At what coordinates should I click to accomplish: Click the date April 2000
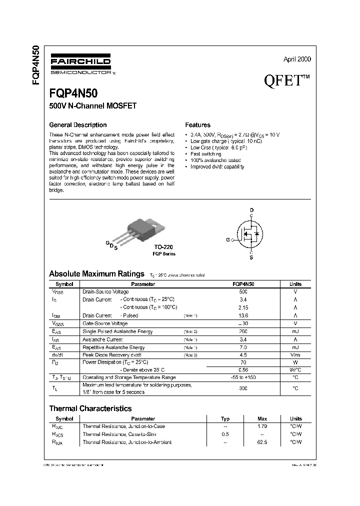coord(297,59)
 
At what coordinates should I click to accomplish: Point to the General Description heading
coord(77,125)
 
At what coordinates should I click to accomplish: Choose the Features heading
coord(197,125)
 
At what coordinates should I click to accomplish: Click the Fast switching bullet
coord(205,154)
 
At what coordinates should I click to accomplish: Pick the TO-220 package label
coord(163,247)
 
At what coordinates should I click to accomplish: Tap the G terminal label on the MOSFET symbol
coord(227,240)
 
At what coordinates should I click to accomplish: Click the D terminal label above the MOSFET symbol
coord(251,210)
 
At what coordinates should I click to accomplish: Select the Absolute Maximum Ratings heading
coord(96,274)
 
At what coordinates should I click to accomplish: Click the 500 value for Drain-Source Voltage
coord(243,291)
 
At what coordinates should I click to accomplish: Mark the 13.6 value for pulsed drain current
coord(243,315)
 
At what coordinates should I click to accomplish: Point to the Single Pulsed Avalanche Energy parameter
coord(117,331)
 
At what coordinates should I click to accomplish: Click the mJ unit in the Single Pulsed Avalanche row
coord(295,331)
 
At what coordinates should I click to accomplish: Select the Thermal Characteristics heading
coord(90,408)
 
